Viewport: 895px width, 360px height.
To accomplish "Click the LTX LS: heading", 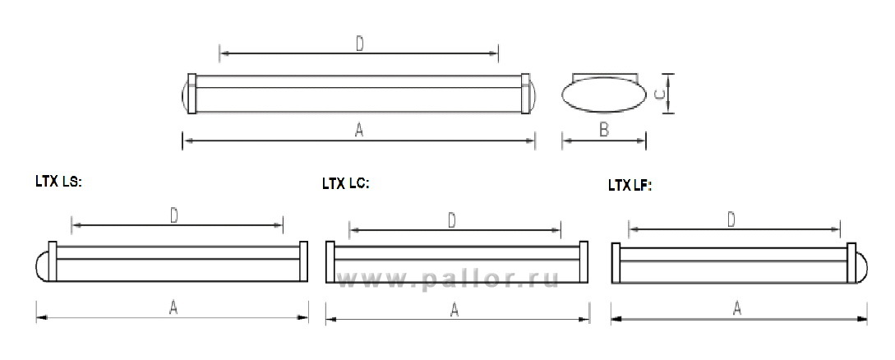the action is (59, 182).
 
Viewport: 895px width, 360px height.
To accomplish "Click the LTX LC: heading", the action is (346, 184).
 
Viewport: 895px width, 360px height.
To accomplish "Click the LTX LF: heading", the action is (630, 186).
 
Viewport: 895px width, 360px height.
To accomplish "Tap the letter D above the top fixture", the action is (360, 44).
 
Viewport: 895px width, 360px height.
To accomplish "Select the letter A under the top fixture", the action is (359, 131).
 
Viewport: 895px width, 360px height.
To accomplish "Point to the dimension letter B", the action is (604, 131).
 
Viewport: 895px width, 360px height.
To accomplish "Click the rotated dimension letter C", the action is (657, 95).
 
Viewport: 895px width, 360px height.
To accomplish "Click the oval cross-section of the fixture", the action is (604, 95).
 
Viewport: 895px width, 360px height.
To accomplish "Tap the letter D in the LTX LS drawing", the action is (174, 215).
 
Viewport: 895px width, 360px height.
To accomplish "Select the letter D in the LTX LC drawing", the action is (451, 221).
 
